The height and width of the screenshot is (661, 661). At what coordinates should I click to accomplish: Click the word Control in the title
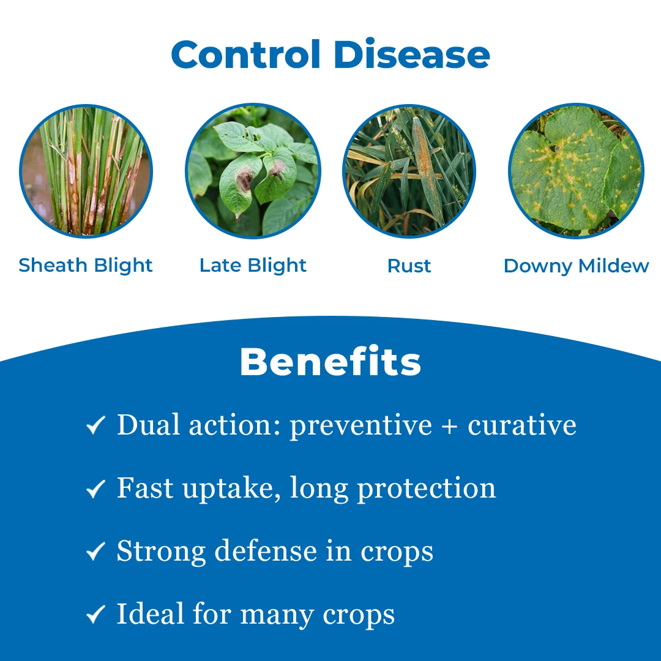click(x=246, y=54)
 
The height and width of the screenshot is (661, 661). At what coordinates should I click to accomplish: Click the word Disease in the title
click(x=412, y=54)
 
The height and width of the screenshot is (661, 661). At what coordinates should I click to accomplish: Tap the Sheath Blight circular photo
click(x=86, y=171)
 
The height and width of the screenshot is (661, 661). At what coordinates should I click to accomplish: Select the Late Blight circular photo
click(x=253, y=171)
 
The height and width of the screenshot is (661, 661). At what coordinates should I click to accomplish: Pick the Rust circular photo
click(x=409, y=171)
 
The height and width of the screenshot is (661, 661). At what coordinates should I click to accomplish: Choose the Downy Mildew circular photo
click(x=577, y=171)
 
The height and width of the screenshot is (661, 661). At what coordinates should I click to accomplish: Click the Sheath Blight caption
click(x=86, y=266)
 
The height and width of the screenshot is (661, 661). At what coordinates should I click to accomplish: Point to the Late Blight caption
click(x=253, y=266)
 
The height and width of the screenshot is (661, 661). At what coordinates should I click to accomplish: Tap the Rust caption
click(x=409, y=266)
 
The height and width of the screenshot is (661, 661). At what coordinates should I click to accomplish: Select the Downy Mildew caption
click(x=577, y=266)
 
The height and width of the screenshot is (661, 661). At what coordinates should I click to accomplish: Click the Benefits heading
click(x=330, y=362)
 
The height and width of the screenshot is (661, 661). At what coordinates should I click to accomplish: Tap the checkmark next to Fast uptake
click(x=95, y=488)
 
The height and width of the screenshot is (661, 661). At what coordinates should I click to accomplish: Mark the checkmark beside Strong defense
click(x=95, y=551)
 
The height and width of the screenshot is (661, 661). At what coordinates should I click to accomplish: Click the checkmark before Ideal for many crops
click(x=95, y=614)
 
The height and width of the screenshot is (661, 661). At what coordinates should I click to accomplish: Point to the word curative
click(x=522, y=425)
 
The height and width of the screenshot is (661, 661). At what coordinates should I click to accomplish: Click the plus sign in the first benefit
click(x=449, y=426)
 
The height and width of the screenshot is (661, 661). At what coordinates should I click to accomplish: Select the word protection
click(x=427, y=489)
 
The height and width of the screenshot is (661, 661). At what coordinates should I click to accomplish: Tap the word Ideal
click(x=151, y=613)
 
